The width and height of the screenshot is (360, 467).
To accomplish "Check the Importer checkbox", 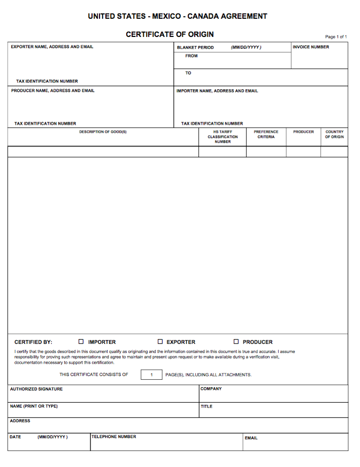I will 81,341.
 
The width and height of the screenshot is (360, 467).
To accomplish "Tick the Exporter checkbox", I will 160,341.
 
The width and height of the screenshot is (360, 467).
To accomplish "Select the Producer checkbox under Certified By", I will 236,341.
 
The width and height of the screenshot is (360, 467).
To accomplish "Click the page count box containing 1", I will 151,374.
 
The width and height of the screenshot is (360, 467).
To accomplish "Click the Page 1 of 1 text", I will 336,37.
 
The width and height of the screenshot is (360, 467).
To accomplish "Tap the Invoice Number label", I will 311,47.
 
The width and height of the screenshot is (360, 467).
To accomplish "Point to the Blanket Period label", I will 195,48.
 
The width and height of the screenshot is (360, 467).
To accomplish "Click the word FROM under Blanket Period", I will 192,56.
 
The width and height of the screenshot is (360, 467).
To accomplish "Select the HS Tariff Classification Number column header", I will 223,136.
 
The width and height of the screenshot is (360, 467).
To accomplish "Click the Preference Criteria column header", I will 266,134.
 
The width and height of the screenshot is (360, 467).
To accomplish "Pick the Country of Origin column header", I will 334,134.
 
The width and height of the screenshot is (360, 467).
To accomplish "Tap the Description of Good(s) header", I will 103,132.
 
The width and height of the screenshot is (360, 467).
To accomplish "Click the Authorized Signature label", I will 36,389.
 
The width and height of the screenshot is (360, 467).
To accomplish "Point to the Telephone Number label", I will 114,437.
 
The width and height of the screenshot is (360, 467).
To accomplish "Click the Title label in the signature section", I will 206,407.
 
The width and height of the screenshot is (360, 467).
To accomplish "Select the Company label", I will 211,389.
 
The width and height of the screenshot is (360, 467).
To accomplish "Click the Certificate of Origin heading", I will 170,34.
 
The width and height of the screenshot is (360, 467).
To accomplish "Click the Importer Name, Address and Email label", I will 217,91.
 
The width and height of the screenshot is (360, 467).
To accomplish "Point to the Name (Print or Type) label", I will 34,406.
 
